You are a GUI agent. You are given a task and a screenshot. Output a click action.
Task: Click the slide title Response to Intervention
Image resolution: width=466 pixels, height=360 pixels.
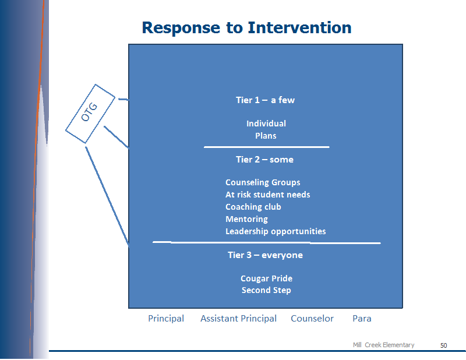point(246,28)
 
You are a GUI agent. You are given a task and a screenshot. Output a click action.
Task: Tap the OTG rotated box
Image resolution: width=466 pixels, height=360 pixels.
point(90,114)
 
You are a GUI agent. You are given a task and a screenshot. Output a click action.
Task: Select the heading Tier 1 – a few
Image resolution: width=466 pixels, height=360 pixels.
point(265,100)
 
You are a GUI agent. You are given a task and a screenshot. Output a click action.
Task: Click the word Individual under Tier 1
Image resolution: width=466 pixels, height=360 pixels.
point(266,123)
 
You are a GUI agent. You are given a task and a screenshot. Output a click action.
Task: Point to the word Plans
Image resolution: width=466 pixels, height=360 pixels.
point(266,136)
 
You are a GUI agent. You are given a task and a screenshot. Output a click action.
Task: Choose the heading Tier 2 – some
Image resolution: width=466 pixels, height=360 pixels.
point(264,160)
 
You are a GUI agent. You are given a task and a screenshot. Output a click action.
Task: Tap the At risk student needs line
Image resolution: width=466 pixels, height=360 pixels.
point(267,195)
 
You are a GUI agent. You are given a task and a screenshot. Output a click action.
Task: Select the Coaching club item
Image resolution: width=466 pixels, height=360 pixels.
point(253,207)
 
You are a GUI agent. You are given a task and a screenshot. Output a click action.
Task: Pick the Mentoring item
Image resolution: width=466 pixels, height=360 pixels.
point(246,219)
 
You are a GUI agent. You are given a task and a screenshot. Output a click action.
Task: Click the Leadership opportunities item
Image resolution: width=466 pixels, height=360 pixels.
point(276,231)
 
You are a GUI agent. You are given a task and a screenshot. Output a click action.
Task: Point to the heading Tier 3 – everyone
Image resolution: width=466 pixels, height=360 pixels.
point(265,255)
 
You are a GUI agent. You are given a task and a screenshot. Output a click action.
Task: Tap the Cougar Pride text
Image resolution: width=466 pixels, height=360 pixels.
point(266,278)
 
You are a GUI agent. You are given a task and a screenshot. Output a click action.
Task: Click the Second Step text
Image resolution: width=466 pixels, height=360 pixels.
point(266,290)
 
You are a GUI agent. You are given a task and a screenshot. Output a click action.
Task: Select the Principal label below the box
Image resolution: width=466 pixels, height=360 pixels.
point(166,319)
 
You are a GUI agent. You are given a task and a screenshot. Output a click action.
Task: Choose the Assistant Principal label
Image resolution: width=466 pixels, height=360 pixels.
point(238,319)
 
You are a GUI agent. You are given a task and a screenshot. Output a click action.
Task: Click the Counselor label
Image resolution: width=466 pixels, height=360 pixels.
point(312,319)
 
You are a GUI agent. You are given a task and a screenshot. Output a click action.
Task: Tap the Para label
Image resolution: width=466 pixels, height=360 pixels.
point(362,319)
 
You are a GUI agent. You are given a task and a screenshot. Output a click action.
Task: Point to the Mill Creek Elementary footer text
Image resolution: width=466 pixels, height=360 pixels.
point(383,345)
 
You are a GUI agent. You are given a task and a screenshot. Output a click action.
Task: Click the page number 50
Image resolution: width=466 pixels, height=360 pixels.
point(443,345)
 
